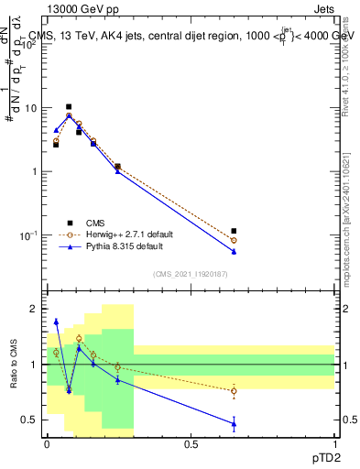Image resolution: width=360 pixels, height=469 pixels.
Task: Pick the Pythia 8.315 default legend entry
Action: click(x=124, y=246)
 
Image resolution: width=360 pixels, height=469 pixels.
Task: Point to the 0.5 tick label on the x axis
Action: click(x=191, y=443)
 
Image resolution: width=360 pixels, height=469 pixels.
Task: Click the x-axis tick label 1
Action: click(x=334, y=443)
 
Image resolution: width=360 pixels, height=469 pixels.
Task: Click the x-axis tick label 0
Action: click(x=47, y=443)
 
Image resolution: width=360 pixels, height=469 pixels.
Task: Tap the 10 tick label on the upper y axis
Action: click(x=29, y=108)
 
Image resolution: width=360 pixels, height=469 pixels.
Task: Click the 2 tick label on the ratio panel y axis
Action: click(x=34, y=310)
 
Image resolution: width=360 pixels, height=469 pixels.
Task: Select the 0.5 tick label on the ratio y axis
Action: click(x=30, y=420)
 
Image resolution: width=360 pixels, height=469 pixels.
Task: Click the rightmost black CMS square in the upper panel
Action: click(x=234, y=231)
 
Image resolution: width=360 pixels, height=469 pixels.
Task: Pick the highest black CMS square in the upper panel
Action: click(x=69, y=107)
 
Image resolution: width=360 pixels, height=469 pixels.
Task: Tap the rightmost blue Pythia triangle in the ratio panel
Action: click(x=234, y=423)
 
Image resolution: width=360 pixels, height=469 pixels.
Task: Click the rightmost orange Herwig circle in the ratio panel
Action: click(x=234, y=391)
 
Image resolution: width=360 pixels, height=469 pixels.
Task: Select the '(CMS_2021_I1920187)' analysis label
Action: click(x=190, y=273)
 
